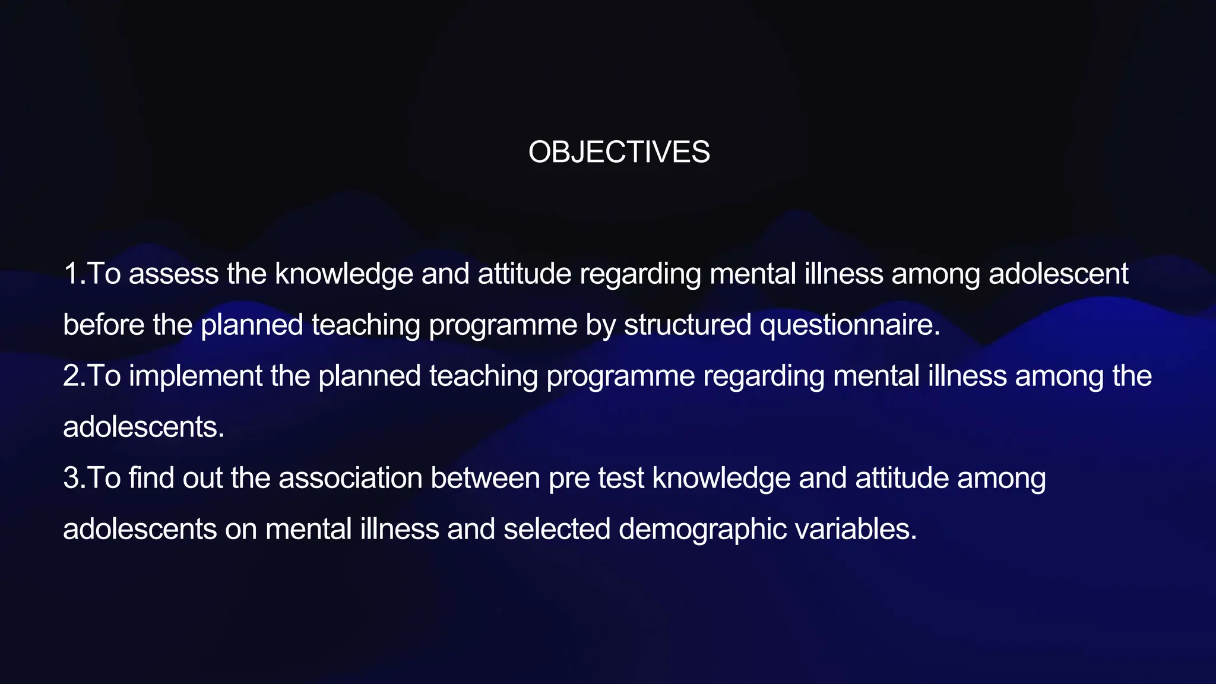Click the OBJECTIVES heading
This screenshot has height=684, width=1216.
(619, 152)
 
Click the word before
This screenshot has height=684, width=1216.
(103, 325)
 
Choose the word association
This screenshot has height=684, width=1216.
(350, 478)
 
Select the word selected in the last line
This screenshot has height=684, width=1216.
(556, 529)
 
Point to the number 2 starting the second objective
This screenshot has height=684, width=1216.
(71, 376)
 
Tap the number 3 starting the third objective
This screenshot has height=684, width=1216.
(71, 478)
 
